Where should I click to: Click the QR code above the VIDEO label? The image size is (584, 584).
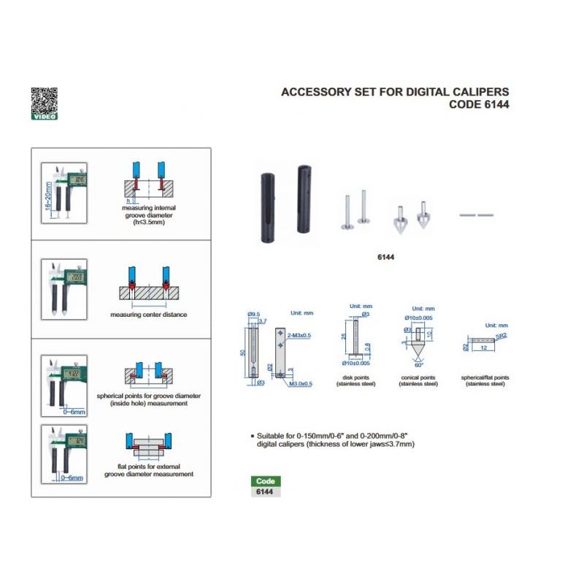pyautogui.click(x=43, y=99)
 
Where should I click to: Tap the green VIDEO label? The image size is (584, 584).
pyautogui.click(x=44, y=116)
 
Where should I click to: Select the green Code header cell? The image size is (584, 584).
pyautogui.click(x=265, y=481)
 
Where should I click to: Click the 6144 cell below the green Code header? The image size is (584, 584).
pyautogui.click(x=265, y=492)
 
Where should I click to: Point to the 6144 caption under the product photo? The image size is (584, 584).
pyautogui.click(x=385, y=257)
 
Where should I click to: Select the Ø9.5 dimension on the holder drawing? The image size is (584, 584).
pyautogui.click(x=253, y=314)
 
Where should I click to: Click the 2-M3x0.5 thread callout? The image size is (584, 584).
pyautogui.click(x=296, y=336)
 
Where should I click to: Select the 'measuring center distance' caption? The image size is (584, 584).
pyautogui.click(x=148, y=315)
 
